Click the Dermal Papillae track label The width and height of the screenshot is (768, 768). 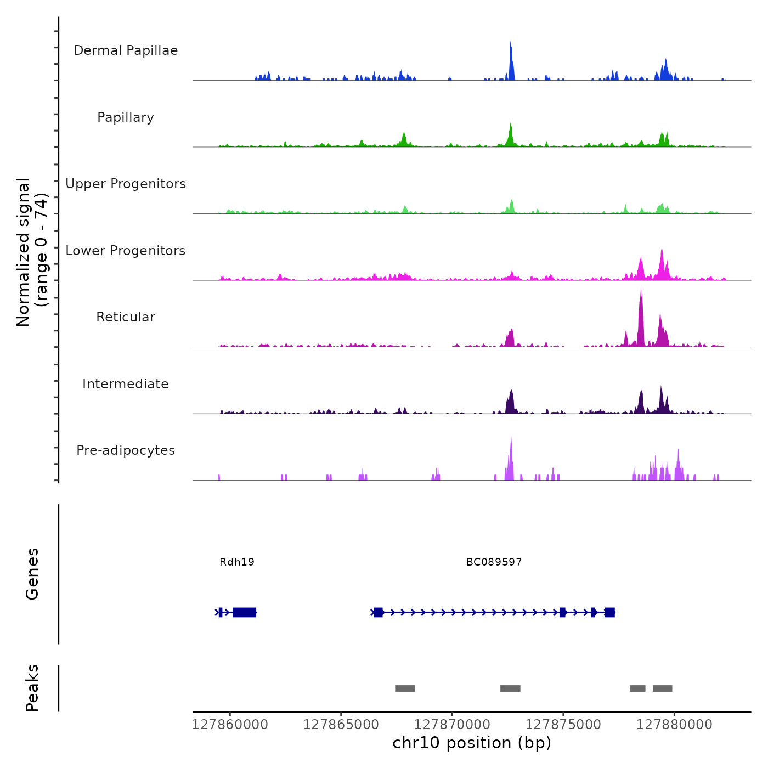click(126, 50)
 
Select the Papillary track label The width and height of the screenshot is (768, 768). click(126, 117)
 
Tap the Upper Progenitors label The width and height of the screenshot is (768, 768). click(126, 184)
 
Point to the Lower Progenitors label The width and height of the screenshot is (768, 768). click(126, 251)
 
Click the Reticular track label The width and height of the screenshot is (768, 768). click(126, 317)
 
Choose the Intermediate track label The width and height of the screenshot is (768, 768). click(126, 384)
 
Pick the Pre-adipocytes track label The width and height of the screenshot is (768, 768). click(126, 450)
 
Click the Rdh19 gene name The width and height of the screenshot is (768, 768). click(237, 562)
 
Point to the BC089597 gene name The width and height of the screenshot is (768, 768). click(494, 562)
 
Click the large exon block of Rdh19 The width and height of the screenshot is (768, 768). click(244, 612)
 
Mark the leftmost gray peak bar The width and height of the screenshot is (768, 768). click(405, 688)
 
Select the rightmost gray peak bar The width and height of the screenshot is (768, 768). click(662, 688)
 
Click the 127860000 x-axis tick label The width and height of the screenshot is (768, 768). click(230, 725)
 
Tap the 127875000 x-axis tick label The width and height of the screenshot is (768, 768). click(563, 725)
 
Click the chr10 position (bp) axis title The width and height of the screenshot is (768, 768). click(472, 743)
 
